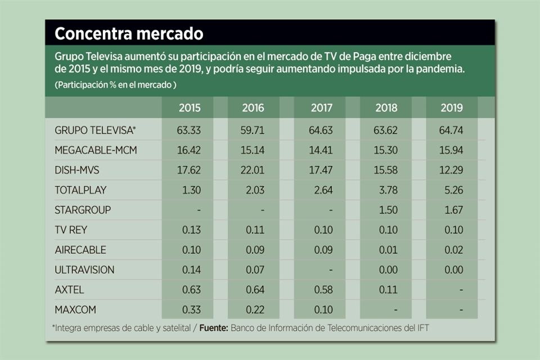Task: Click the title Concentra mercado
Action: (x=129, y=34)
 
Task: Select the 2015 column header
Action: (x=190, y=108)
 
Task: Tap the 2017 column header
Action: (x=322, y=108)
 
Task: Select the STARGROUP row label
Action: (x=83, y=210)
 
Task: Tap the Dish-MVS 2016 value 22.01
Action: (x=255, y=170)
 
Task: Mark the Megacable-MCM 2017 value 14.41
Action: (x=322, y=150)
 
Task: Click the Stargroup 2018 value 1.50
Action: (x=388, y=210)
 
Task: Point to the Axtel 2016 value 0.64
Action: (x=255, y=290)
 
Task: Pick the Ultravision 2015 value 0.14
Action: (x=190, y=270)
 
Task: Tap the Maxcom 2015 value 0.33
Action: (x=190, y=310)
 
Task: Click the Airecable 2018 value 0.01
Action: (x=388, y=250)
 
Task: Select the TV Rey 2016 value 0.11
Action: (x=255, y=230)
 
